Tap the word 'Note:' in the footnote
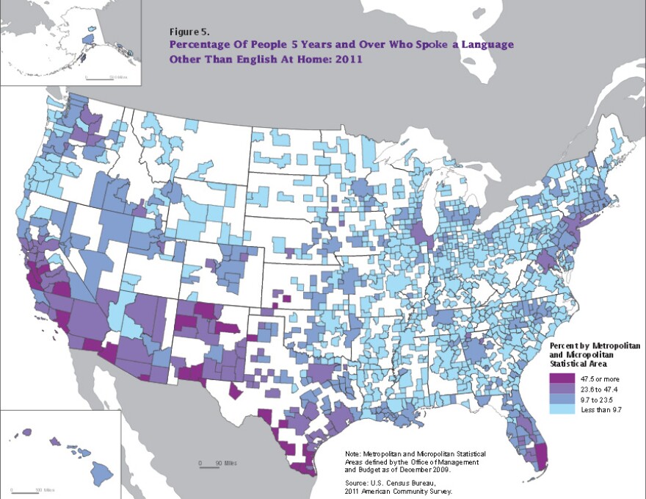coord(354,455)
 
